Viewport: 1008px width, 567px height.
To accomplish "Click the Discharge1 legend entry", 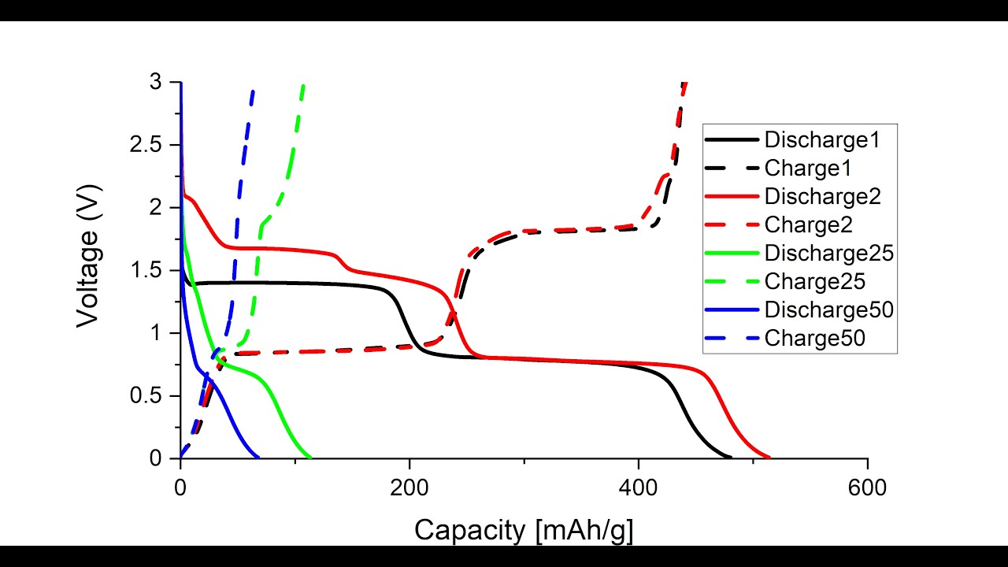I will (821, 140).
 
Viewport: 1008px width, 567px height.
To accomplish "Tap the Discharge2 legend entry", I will (821, 197).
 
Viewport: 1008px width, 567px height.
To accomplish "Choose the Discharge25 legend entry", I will (828, 254).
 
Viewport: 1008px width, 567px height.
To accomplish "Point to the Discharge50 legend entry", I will (828, 309).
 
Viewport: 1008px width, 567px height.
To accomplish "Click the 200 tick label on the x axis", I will (409, 487).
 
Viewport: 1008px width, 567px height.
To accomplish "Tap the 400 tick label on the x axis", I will (639, 487).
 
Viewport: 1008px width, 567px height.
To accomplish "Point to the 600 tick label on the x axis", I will (867, 487).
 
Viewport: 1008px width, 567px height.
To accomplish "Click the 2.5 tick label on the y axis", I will (148, 146).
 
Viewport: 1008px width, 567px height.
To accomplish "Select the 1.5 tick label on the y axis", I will (148, 271).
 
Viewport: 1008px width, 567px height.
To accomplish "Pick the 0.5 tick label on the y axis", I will (148, 396).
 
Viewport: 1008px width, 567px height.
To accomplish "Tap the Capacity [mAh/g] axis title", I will (524, 530).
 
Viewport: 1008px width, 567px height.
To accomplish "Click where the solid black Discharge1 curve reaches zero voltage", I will (731, 458).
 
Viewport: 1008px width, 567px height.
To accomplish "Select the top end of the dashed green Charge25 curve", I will (303, 83).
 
